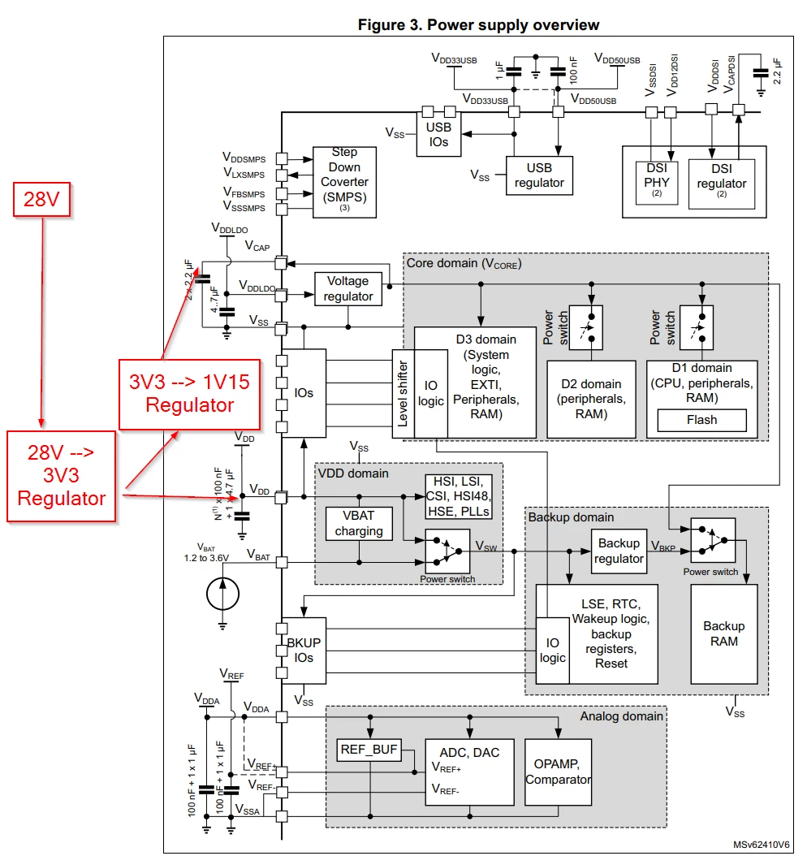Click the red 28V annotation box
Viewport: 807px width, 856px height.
tap(42, 199)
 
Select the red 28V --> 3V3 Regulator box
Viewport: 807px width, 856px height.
tap(61, 476)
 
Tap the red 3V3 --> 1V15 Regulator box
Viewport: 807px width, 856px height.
tap(189, 394)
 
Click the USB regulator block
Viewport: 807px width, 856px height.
tap(539, 175)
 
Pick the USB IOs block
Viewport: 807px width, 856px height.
tap(438, 134)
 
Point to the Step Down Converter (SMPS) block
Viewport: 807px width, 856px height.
tap(344, 183)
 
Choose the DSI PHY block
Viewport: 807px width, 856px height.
tap(657, 183)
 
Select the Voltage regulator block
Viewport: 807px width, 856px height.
tap(348, 289)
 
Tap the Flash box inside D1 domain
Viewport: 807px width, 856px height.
tap(701, 421)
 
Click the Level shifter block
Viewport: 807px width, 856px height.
tap(403, 394)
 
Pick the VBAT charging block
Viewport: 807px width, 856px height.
tap(359, 524)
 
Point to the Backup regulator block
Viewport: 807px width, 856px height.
tap(619, 551)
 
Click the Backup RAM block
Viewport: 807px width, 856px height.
tap(724, 633)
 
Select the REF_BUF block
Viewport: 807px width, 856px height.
tap(369, 750)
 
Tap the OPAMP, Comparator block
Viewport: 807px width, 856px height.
tap(559, 772)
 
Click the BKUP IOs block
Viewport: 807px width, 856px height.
tap(304, 651)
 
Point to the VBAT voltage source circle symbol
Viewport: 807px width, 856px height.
tap(222, 594)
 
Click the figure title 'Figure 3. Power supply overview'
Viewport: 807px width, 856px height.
tap(478, 25)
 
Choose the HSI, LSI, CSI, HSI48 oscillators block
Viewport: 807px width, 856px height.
tap(459, 497)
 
